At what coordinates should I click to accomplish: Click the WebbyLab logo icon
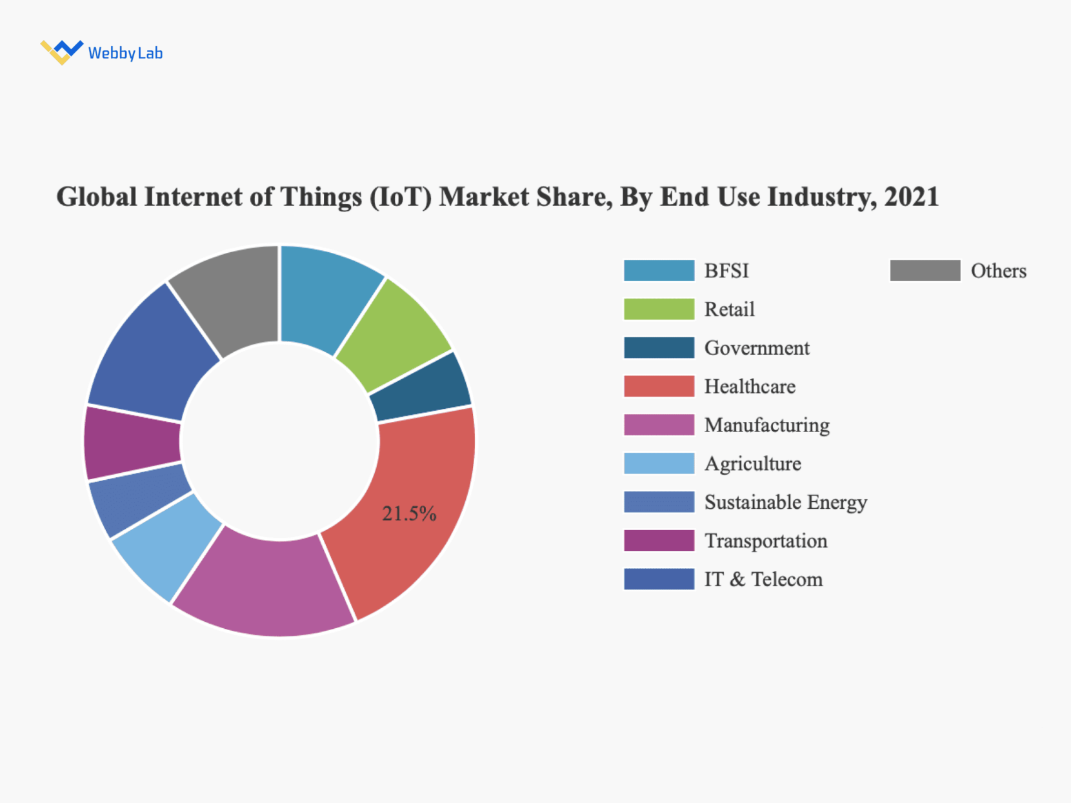(61, 52)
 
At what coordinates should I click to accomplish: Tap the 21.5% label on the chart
(409, 513)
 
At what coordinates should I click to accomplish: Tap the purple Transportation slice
(132, 443)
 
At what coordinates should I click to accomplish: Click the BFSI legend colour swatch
(659, 271)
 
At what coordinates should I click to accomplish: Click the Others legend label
(998, 271)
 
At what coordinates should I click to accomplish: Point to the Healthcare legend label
(750, 386)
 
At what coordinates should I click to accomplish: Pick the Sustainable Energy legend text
(785, 502)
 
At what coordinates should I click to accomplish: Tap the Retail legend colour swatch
(659, 310)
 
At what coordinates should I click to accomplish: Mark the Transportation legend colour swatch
(659, 540)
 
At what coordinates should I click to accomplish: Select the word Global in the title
(97, 197)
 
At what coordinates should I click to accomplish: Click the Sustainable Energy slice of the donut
(139, 500)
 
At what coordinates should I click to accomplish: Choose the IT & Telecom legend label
(763, 579)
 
